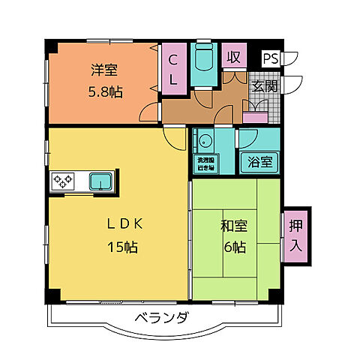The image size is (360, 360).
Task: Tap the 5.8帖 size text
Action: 106,93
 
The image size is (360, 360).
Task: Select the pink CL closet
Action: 173,68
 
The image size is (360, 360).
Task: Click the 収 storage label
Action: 234,58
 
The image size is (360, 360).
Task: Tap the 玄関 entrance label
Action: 265,87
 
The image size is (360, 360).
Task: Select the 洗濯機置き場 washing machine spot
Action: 205,164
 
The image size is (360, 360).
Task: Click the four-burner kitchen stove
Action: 62,181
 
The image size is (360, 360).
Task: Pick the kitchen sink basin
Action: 100,181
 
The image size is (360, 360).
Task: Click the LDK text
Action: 118,223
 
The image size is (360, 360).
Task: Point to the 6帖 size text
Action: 235,246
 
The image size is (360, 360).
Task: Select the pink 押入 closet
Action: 294,234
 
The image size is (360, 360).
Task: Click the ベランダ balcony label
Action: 163,318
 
